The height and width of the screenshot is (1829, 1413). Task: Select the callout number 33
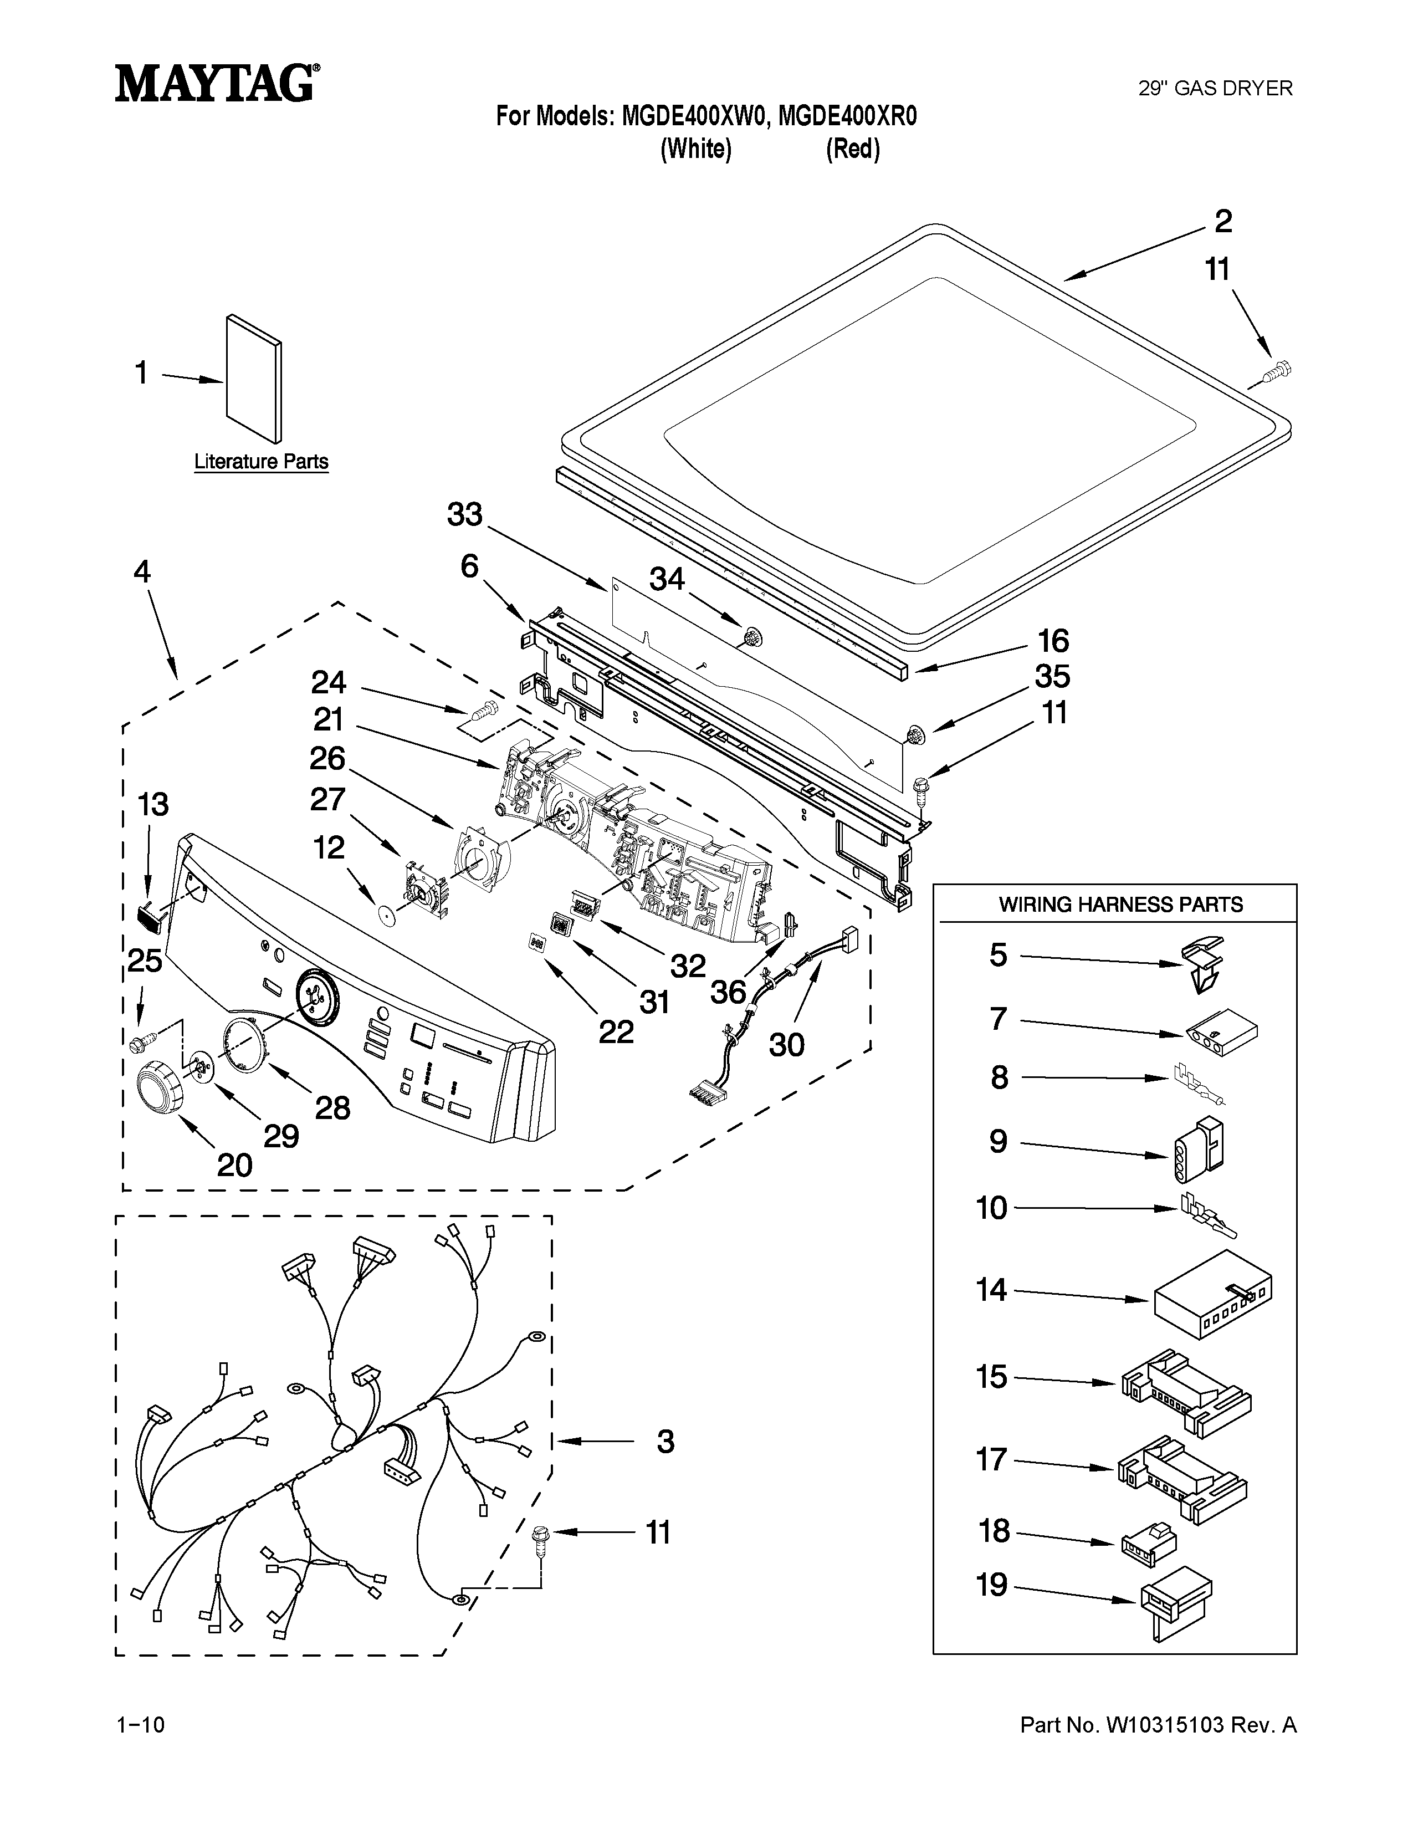464,514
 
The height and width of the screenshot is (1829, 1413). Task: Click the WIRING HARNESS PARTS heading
1120,905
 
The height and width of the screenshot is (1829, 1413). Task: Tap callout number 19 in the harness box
992,1585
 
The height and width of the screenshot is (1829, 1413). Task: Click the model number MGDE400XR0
847,116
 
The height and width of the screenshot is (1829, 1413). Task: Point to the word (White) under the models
695,150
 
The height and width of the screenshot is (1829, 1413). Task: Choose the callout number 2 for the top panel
1223,222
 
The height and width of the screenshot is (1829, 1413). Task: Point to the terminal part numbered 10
1206,1215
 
